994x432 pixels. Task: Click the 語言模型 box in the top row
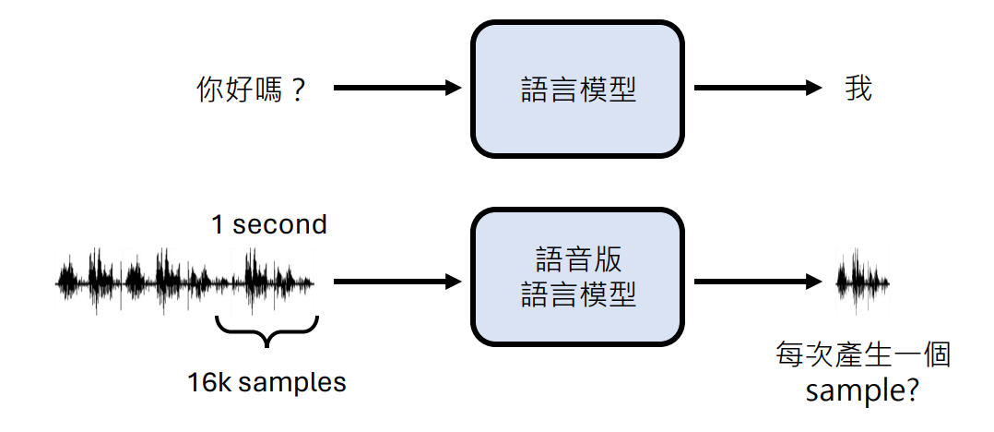[x=577, y=89]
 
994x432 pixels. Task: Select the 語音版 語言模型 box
[x=577, y=276]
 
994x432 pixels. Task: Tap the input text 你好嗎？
[x=251, y=90]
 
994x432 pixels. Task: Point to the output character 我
[x=858, y=89]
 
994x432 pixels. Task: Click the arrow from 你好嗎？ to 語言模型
[x=396, y=89]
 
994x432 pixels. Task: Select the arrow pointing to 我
[x=757, y=89]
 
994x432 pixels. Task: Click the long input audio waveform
[x=185, y=281]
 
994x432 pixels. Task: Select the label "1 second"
[x=268, y=224]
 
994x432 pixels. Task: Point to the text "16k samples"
[x=266, y=382]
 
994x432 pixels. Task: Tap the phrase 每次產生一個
[x=863, y=355]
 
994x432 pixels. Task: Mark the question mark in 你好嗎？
[x=296, y=90]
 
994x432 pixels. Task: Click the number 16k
[x=209, y=382]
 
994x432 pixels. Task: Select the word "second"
[x=279, y=224]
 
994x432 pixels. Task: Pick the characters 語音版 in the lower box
[x=577, y=258]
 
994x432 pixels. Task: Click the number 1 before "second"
[x=217, y=224]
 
